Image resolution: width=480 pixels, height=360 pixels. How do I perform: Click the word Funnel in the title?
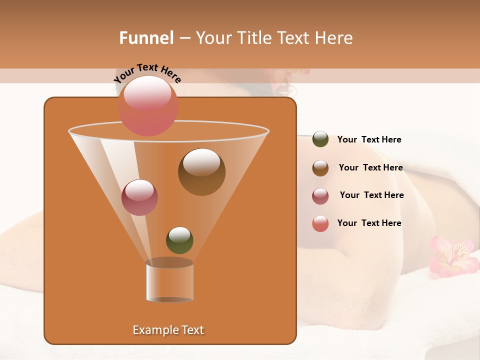pyautogui.click(x=146, y=38)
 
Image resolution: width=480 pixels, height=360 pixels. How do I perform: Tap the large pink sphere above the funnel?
pyautogui.click(x=148, y=105)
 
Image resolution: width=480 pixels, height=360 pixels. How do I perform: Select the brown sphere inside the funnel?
pyautogui.click(x=201, y=171)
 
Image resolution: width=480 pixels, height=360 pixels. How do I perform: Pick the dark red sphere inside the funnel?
pyautogui.click(x=139, y=197)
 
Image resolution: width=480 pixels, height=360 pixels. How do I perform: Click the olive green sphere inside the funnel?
pyautogui.click(x=179, y=240)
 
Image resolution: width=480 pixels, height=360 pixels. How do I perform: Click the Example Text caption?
pyautogui.click(x=168, y=330)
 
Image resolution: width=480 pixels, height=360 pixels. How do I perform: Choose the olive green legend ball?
pyautogui.click(x=320, y=139)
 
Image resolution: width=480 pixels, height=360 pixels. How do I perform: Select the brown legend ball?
pyautogui.click(x=320, y=168)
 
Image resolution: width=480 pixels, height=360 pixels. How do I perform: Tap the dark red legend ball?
pyautogui.click(x=320, y=196)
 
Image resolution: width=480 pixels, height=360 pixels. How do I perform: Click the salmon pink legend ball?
pyautogui.click(x=320, y=223)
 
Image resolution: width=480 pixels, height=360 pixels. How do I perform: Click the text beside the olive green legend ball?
pyautogui.click(x=369, y=139)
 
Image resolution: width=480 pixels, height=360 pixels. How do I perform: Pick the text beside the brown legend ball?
pyautogui.click(x=370, y=167)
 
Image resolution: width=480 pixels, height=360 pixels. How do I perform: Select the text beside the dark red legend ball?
pyautogui.click(x=371, y=195)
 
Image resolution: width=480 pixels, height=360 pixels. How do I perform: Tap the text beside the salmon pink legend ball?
pyautogui.click(x=369, y=223)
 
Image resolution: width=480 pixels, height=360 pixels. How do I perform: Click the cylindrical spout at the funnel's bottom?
pyautogui.click(x=169, y=280)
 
